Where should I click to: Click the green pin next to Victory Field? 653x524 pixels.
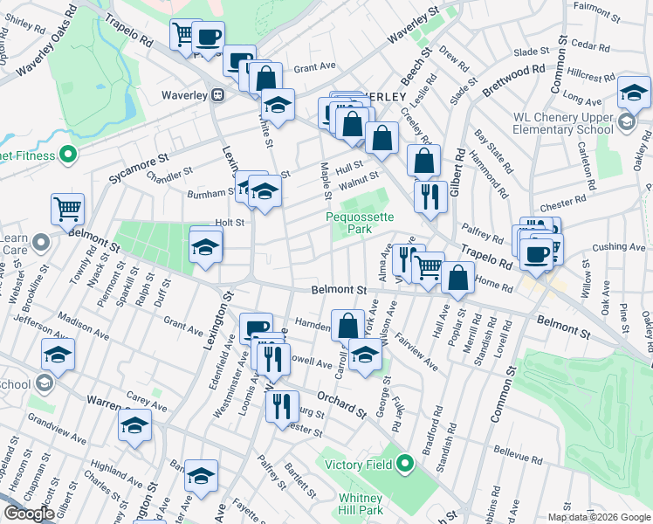(x=405, y=464)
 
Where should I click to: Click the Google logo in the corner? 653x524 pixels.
(x=30, y=514)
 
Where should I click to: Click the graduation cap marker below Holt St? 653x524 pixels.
(x=205, y=245)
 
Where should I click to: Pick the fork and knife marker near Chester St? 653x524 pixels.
(x=282, y=406)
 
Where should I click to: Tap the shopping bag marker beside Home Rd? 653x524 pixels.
(x=457, y=278)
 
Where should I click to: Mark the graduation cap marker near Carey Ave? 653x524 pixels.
(x=134, y=424)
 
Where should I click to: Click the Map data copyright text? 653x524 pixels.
(x=600, y=516)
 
